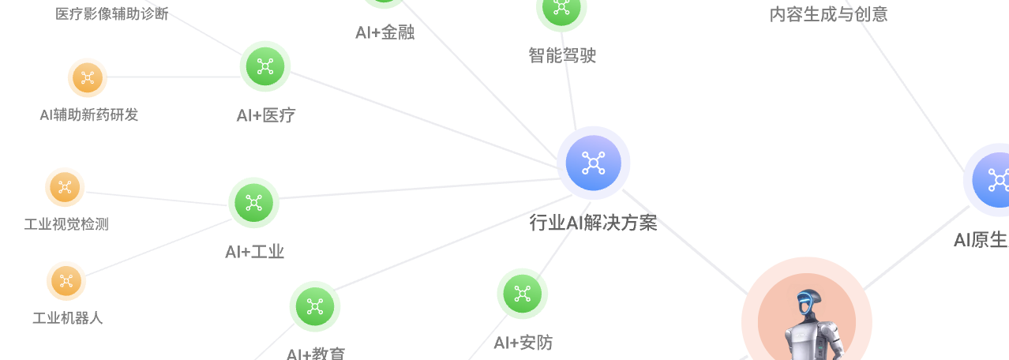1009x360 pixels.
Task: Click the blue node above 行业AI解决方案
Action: point(593,163)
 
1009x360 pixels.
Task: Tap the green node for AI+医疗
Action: point(265,66)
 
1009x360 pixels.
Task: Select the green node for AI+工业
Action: point(253,203)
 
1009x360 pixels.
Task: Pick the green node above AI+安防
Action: point(522,294)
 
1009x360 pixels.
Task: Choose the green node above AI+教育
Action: point(315,306)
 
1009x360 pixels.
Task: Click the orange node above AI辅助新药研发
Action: point(88,77)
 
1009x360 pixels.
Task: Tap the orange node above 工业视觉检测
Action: point(65,187)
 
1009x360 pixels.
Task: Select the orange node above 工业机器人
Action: point(66,280)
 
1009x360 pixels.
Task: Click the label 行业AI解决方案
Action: point(593,223)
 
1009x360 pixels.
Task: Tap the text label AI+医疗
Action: point(266,116)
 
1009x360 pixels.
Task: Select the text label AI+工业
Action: point(254,253)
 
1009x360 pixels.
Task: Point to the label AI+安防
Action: point(523,343)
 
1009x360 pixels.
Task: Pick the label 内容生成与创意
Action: point(828,14)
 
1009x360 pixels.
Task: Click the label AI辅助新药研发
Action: point(89,115)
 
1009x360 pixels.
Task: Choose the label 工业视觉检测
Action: point(66,225)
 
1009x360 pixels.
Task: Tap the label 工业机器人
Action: point(67,319)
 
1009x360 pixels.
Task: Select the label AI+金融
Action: point(384,33)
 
